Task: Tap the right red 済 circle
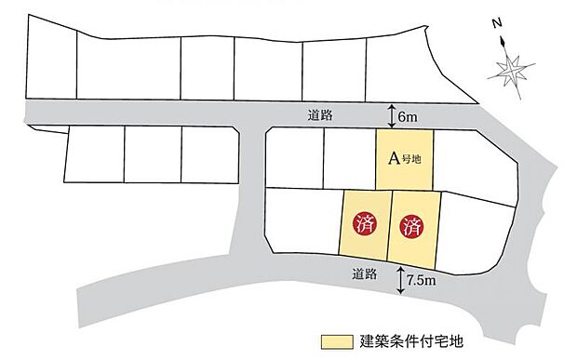click(x=411, y=224)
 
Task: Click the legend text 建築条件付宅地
click(x=403, y=341)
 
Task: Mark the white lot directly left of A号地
click(x=349, y=158)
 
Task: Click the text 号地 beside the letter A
click(x=411, y=159)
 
